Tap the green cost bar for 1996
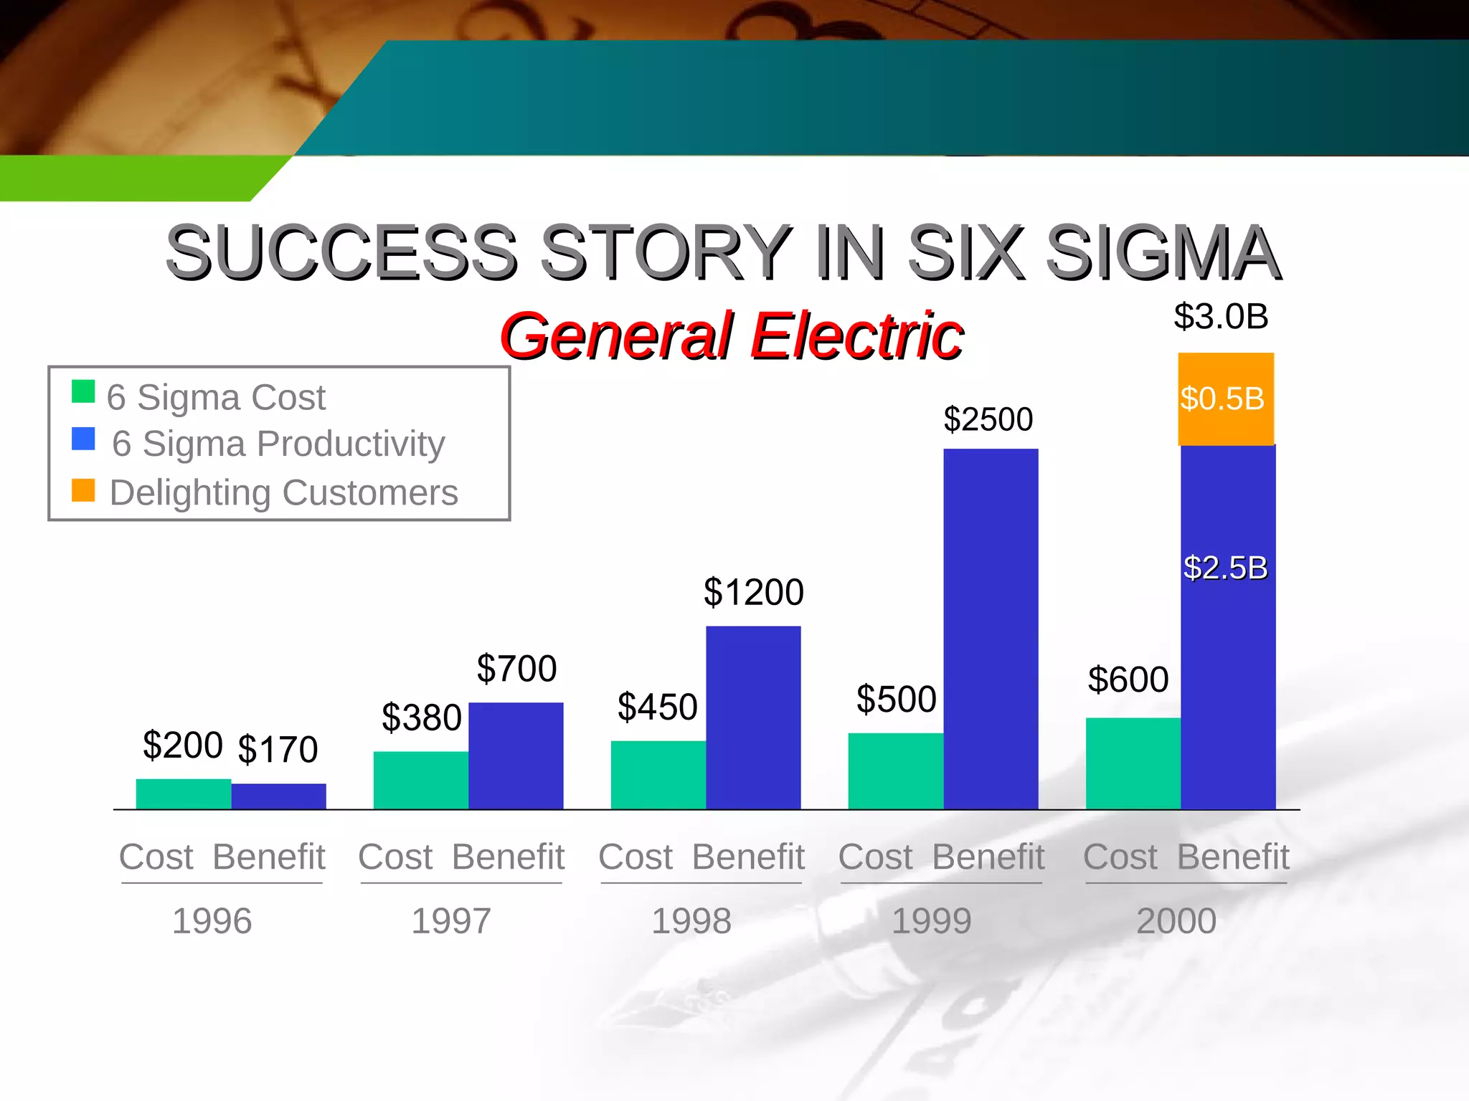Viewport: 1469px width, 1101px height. (184, 794)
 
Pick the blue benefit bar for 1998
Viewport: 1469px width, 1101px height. (753, 718)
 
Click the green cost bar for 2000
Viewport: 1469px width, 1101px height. (1133, 763)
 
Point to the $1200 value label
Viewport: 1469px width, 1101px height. (753, 592)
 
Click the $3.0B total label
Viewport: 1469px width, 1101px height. (1221, 316)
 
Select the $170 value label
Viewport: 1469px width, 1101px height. (278, 750)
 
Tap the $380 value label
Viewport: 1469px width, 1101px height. (421, 718)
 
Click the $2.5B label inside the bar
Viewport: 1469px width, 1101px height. (1225, 568)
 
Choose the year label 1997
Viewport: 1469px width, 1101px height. (451, 921)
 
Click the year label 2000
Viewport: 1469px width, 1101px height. (1176, 921)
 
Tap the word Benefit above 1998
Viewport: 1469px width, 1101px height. (748, 857)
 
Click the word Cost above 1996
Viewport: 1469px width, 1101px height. (156, 857)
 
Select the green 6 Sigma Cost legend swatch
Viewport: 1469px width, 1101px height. (83, 391)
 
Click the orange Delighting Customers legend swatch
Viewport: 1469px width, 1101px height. (83, 490)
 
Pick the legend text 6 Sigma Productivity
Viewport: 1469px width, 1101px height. (278, 444)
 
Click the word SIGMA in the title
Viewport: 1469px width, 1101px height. (1163, 252)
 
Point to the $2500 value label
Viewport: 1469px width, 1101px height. (988, 419)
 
